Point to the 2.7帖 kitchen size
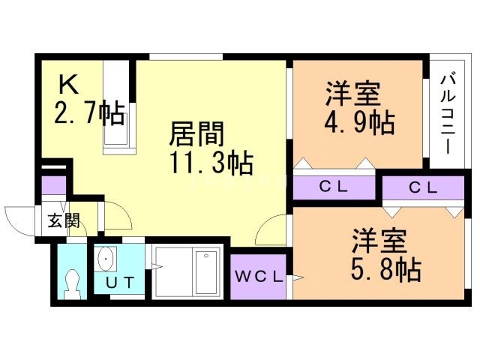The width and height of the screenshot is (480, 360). coord(88,114)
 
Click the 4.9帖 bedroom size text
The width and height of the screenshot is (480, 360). coord(360,121)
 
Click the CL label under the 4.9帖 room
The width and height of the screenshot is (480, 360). coord(333,187)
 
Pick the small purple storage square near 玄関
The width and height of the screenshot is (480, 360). coord(54,184)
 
